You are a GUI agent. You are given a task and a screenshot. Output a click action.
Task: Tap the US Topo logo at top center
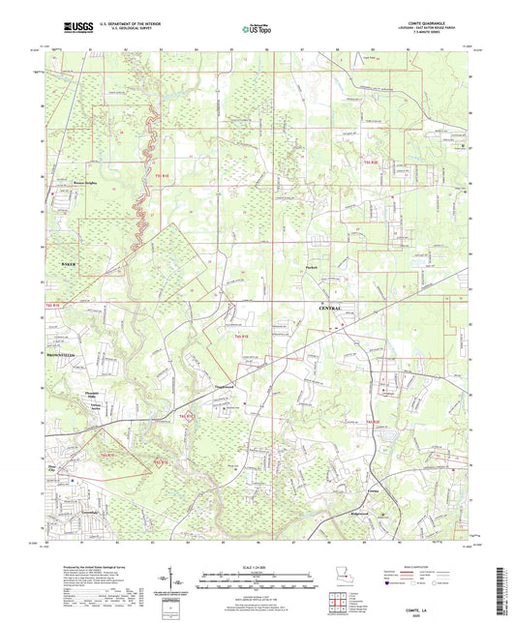(246, 31)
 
